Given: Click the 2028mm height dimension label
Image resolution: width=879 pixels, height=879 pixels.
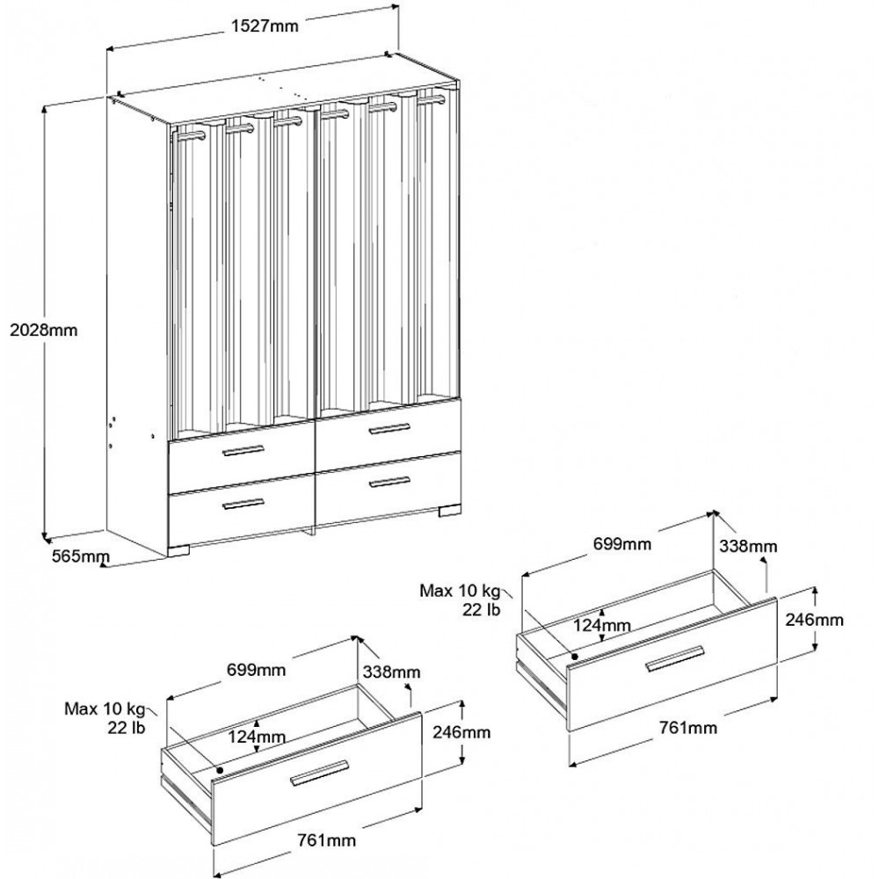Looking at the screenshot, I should click(x=41, y=331).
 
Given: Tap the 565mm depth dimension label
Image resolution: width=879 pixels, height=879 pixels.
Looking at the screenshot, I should click(x=82, y=556).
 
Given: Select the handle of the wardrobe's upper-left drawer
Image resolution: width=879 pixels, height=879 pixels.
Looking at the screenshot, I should click(x=243, y=451).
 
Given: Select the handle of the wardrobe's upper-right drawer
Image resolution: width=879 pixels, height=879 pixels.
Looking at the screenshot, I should click(x=389, y=429).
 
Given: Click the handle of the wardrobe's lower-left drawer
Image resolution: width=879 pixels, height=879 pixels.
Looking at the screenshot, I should click(x=243, y=503).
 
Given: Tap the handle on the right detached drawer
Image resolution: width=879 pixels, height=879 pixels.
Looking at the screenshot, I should click(x=675, y=658).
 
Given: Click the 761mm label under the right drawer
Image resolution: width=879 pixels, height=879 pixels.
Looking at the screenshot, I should click(x=686, y=729).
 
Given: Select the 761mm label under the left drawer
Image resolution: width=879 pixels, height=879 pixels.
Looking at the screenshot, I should click(x=326, y=840).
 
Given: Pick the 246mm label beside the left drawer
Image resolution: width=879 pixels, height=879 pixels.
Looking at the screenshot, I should click(x=461, y=731).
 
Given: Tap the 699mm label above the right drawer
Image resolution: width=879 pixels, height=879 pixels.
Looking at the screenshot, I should click(x=621, y=544).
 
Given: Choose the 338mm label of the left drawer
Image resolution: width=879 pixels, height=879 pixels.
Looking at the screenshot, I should click(x=390, y=672).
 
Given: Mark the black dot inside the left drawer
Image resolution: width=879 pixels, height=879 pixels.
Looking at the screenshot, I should click(x=218, y=768).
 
